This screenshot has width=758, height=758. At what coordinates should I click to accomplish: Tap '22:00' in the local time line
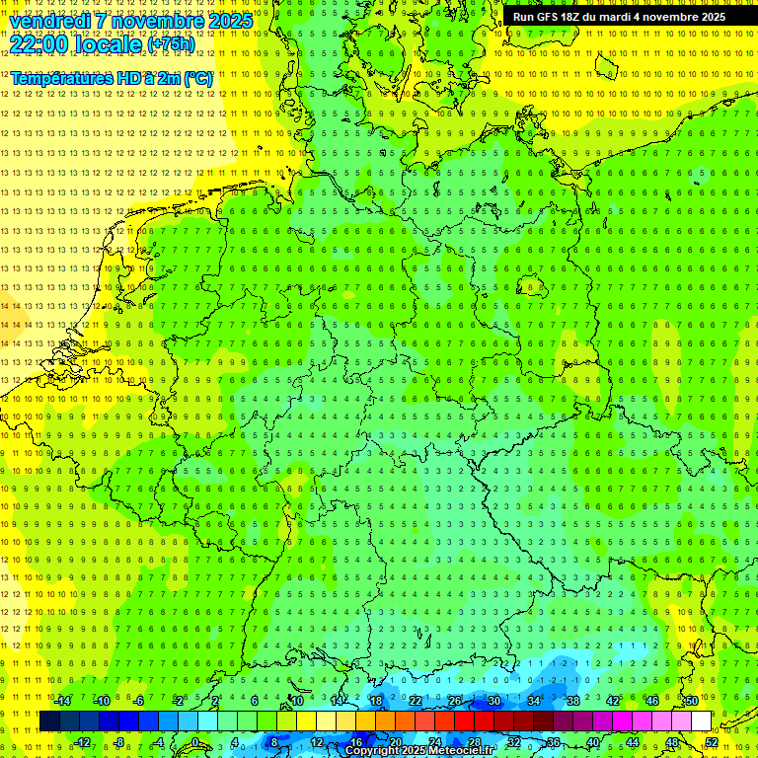pyautogui.click(x=37, y=43)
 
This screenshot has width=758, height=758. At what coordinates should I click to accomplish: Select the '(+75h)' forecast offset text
pyautogui.click(x=171, y=44)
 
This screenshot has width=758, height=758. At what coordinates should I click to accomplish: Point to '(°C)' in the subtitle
pyautogui.click(x=196, y=77)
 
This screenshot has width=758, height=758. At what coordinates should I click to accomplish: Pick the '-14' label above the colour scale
pyautogui.click(x=62, y=701)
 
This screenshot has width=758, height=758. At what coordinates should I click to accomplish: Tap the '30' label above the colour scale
pyautogui.click(x=493, y=701)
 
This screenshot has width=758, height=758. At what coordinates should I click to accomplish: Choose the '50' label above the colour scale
pyautogui.click(x=692, y=701)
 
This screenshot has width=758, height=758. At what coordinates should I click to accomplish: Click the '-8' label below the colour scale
pyautogui.click(x=120, y=742)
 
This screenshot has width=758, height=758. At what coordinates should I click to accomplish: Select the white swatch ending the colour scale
pyautogui.click(x=701, y=721)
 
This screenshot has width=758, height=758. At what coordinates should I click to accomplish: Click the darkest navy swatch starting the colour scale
pyautogui.click(x=49, y=721)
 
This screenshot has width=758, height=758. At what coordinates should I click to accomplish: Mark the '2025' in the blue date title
pyautogui.click(x=229, y=21)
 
